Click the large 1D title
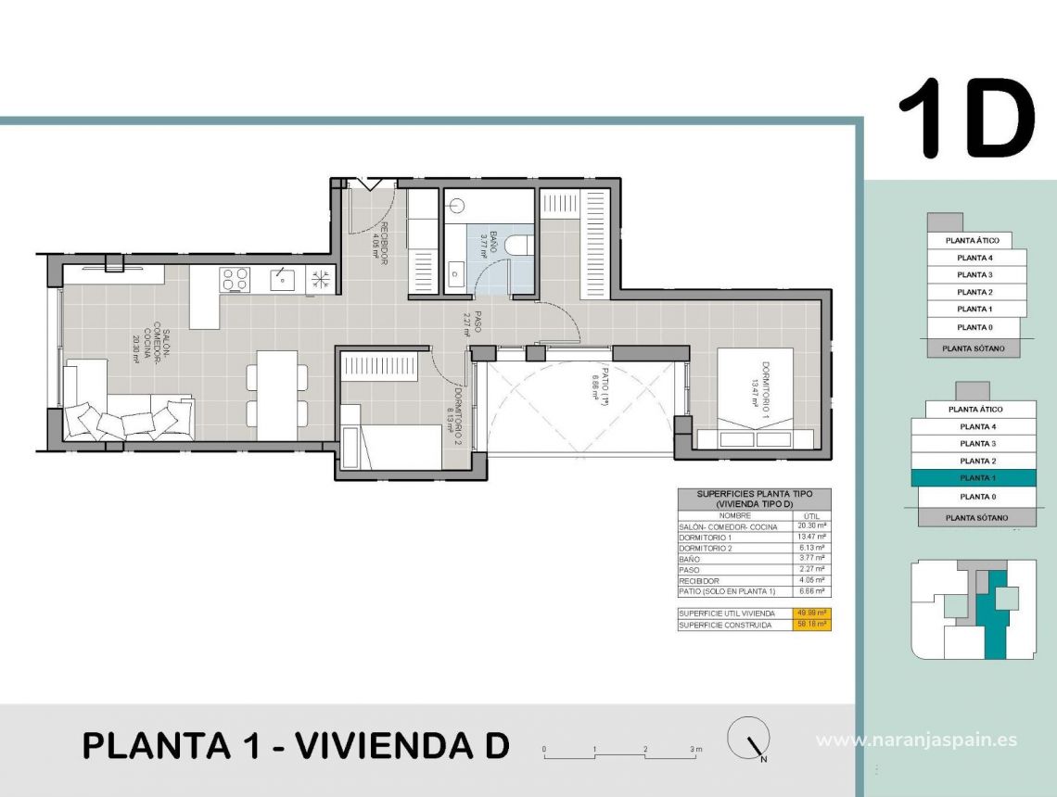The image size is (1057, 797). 965,118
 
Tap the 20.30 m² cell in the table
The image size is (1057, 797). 812,525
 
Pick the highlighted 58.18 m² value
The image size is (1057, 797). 812,625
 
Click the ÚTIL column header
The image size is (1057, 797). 812,514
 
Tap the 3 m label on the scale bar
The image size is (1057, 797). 696,748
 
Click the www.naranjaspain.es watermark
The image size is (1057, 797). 916,740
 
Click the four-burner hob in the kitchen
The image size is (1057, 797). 236,279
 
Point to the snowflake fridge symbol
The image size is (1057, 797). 320,279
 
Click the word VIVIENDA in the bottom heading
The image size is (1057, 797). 388,745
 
